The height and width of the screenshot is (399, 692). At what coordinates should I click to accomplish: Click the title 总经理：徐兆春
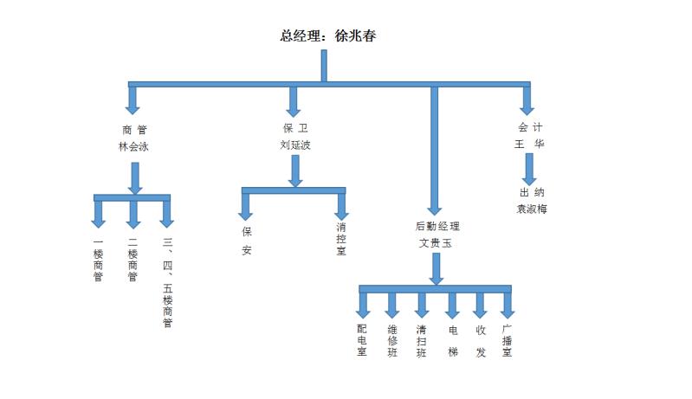327,36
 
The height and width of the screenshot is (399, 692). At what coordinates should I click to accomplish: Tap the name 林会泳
133,146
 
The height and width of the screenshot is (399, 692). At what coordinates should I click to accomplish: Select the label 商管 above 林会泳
133,129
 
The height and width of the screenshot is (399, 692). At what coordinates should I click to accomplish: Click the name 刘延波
295,145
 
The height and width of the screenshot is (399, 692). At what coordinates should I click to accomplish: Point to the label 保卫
295,128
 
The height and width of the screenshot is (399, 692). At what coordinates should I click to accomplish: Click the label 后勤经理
437,227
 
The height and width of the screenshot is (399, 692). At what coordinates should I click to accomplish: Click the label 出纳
532,192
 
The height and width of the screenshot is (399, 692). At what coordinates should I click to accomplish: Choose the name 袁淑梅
532,209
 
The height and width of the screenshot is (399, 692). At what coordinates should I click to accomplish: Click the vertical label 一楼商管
98,260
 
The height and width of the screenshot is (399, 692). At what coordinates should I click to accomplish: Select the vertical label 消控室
342,240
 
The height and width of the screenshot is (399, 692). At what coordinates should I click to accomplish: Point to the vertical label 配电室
362,340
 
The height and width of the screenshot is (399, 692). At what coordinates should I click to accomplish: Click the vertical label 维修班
392,340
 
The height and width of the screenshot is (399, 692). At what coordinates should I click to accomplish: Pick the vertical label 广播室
508,340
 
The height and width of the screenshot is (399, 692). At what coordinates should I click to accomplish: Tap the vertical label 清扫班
422,340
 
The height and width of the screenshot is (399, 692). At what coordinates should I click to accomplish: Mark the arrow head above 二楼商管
133,220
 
